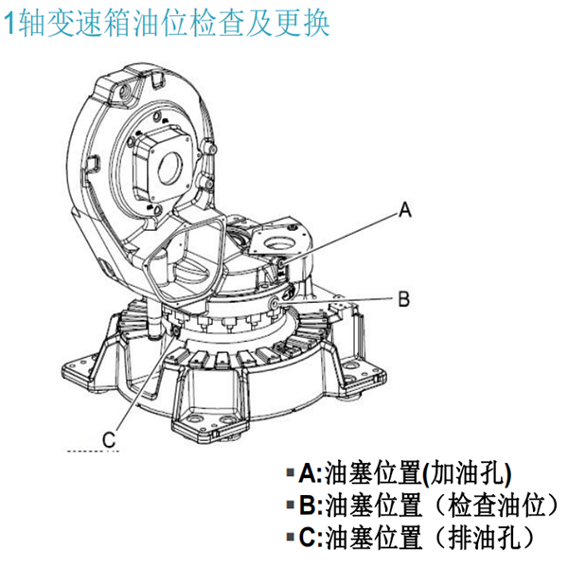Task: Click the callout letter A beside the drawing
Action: pyautogui.click(x=404, y=210)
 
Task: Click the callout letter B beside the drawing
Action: pyautogui.click(x=404, y=299)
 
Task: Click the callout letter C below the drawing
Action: pyautogui.click(x=109, y=439)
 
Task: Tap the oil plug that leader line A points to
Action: pyautogui.click(x=281, y=264)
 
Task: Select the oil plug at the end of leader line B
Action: pyautogui.click(x=275, y=302)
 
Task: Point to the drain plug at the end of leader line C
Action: pyautogui.click(x=176, y=330)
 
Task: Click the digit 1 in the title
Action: pyautogui.click(x=10, y=24)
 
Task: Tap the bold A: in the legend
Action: pyautogui.click(x=311, y=473)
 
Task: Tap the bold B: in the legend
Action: pyautogui.click(x=311, y=505)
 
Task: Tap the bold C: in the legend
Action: pyautogui.click(x=311, y=537)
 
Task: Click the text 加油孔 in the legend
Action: pyautogui.click(x=467, y=473)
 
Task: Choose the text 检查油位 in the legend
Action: pyautogui.click(x=496, y=505)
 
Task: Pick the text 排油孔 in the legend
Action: pyautogui.click(x=485, y=537)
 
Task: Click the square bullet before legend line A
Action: pyautogui.click(x=291, y=472)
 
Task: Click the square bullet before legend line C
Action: pyautogui.click(x=291, y=537)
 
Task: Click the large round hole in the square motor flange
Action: pyautogui.click(x=170, y=168)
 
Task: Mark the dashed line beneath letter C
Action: pyautogui.click(x=93, y=452)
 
